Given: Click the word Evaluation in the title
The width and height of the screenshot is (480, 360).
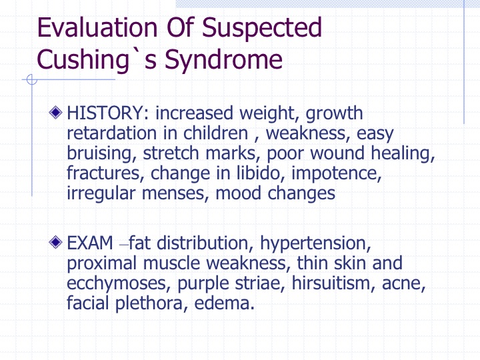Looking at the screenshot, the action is [97, 27].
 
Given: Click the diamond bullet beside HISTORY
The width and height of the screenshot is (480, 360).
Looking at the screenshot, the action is [55, 113].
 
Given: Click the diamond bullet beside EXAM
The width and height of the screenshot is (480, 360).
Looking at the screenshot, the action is [55, 242].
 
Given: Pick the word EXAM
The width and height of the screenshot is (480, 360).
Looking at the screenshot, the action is [90, 243].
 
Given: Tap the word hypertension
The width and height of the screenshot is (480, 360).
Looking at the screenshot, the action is [315, 244].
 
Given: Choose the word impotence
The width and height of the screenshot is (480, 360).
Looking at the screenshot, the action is [336, 174].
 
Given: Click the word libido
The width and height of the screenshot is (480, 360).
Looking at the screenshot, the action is [259, 173].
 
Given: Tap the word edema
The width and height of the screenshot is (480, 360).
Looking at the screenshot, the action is [224, 303].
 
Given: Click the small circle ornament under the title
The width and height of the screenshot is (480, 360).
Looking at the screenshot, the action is [32, 79].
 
